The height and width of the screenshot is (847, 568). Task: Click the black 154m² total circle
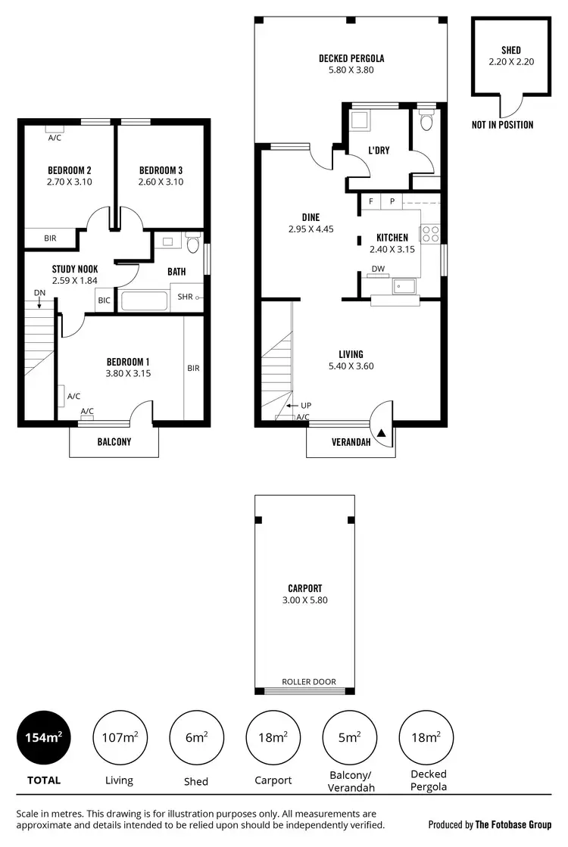click(x=44, y=738)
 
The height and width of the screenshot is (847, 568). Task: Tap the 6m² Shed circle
click(x=196, y=738)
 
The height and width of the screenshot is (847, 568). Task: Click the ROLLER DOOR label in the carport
click(x=308, y=681)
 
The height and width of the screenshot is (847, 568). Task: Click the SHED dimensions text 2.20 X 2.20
click(x=511, y=62)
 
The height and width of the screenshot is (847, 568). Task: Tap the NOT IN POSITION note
click(x=502, y=125)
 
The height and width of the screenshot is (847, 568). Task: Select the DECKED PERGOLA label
click(x=351, y=58)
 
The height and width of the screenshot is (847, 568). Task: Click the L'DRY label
click(x=379, y=151)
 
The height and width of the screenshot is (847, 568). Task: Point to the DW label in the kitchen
click(x=377, y=269)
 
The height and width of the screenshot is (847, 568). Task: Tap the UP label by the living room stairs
click(x=306, y=405)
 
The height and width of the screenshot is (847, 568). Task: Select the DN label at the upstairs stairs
click(x=39, y=292)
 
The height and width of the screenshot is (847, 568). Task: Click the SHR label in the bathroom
click(x=186, y=297)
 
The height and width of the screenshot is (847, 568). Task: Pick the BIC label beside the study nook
click(x=105, y=300)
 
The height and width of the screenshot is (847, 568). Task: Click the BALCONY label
click(x=114, y=442)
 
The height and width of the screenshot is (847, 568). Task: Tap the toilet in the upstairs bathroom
click(x=192, y=244)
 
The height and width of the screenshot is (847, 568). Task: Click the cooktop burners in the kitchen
click(x=432, y=233)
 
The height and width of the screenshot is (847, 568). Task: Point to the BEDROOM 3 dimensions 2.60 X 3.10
click(x=161, y=182)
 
